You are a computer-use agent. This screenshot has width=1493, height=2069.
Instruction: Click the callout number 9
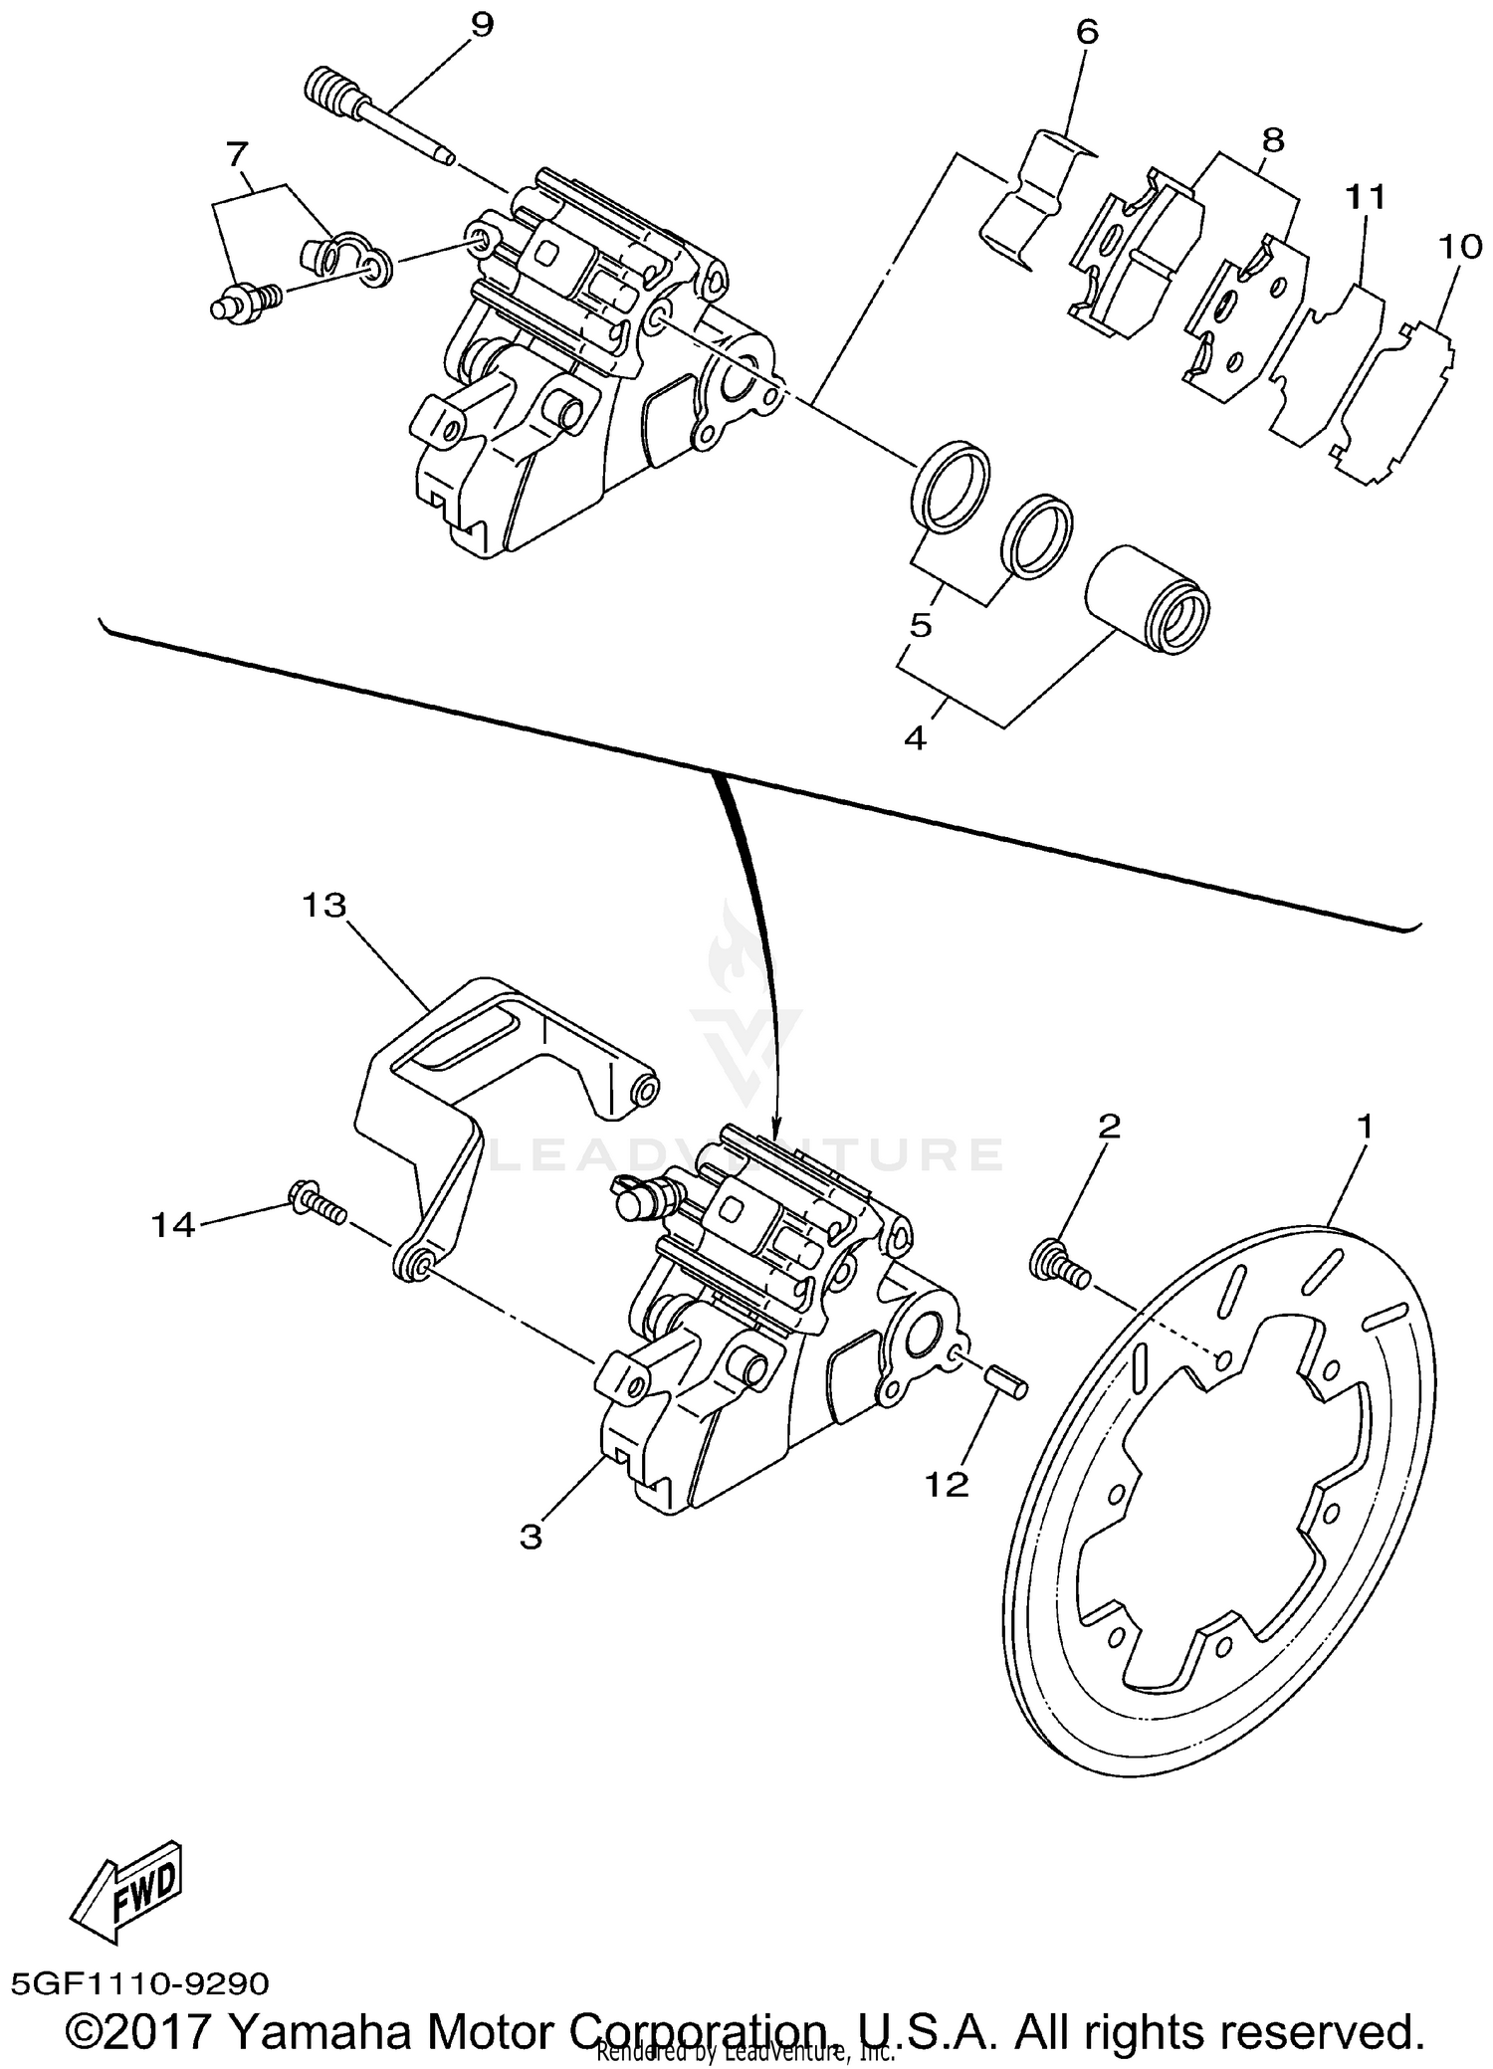pyautogui.click(x=481, y=25)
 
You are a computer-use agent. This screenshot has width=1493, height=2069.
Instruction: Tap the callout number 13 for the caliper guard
pyautogui.click(x=324, y=906)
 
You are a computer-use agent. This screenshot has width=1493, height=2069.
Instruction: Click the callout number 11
pyautogui.click(x=1367, y=198)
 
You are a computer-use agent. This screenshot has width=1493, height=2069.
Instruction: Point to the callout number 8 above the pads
pyautogui.click(x=1272, y=139)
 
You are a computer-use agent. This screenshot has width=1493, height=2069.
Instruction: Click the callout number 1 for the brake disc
pyautogui.click(x=1365, y=1127)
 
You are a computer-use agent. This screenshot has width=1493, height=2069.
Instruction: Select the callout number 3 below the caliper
pyautogui.click(x=531, y=1537)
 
